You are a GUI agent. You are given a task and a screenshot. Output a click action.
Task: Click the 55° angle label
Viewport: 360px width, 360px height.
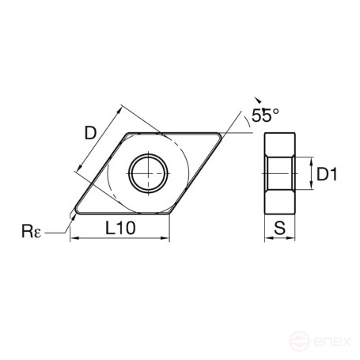pyautogui.click(x=265, y=116)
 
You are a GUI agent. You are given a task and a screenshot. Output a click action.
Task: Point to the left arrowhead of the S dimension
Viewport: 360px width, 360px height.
pyautogui.click(x=267, y=240)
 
